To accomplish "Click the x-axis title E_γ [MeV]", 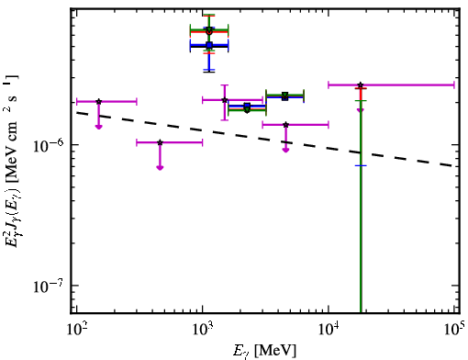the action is [265, 351].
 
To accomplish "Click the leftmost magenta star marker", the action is [98, 101].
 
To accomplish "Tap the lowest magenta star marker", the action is [160, 142].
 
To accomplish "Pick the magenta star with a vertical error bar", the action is [225, 100].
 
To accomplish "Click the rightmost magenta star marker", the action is [361, 84].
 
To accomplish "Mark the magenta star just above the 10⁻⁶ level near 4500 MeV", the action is [285, 125].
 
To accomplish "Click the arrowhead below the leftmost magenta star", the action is [98, 127].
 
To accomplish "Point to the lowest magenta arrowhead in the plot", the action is [160, 167].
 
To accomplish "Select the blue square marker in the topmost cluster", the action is [209, 46].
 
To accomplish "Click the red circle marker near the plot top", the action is [209, 32].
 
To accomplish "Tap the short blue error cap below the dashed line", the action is [361, 165].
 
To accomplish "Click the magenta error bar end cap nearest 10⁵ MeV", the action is [454, 84].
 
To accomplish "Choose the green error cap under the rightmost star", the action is [361, 100].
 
